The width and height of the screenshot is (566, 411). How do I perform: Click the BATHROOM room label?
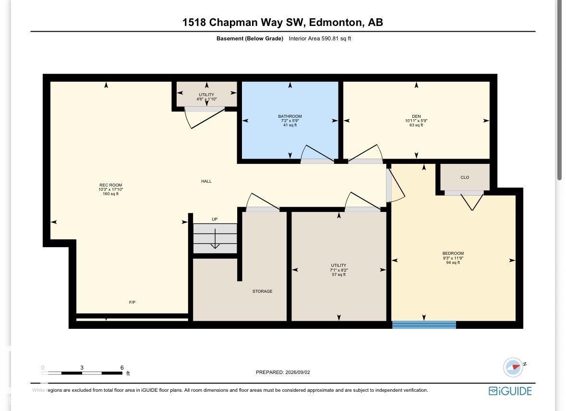pos(290,116)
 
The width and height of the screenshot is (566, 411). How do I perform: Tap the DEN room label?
pos(416,116)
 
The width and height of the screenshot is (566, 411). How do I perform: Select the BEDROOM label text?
pos(453,253)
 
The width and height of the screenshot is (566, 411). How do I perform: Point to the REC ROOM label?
pos(111,185)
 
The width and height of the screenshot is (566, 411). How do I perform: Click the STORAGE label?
pos(263,291)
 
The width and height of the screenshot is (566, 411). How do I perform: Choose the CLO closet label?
pos(465,177)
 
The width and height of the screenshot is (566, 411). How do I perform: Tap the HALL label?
pos(206,181)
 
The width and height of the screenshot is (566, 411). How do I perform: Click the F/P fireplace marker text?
pos(132,302)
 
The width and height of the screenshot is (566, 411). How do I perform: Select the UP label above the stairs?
pos(215,219)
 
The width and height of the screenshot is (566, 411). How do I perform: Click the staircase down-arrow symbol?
pos(215,239)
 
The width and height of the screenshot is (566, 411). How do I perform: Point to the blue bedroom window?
pos(424,324)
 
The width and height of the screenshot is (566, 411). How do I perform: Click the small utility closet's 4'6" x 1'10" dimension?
pos(206,99)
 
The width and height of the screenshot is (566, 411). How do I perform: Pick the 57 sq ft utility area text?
pos(338,275)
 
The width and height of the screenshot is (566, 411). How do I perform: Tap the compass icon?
pos(513,367)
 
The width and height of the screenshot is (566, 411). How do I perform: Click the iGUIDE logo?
pos(510,391)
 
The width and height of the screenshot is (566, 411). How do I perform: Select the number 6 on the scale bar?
pos(122,368)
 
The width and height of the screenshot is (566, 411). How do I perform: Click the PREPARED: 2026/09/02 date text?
pos(283,373)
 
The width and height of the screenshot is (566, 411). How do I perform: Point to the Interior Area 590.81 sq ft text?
pos(320,38)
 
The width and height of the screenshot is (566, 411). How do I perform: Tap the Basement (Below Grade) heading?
pos(250,38)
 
